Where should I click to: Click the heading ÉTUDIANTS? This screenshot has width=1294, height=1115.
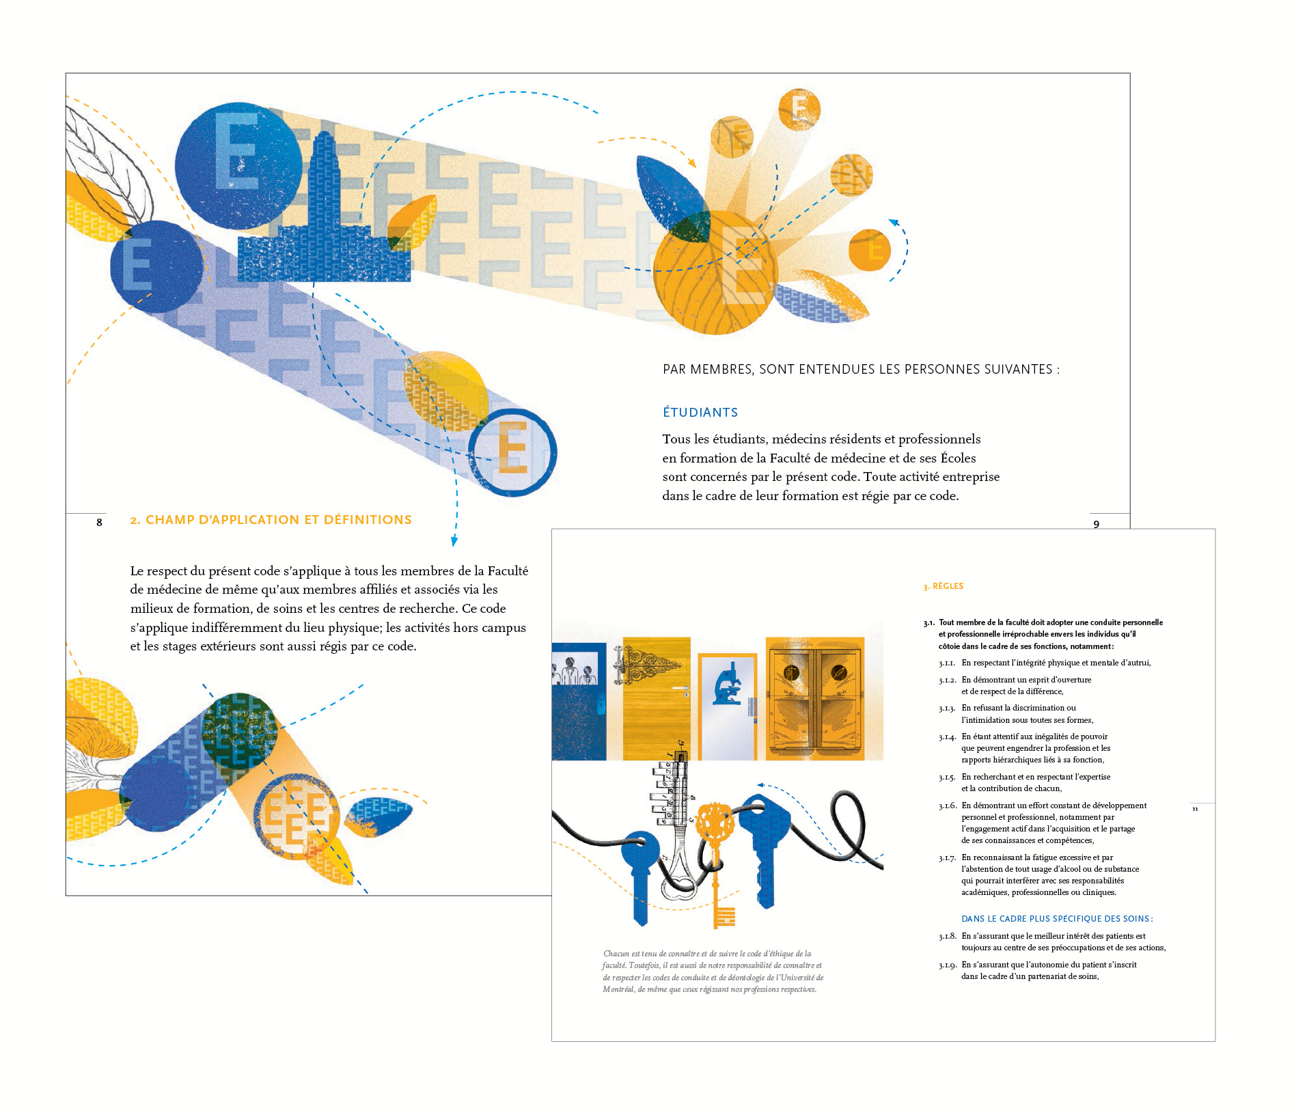pyautogui.click(x=700, y=412)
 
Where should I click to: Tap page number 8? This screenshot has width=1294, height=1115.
pyautogui.click(x=99, y=522)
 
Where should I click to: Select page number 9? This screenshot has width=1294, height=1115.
pyautogui.click(x=1096, y=524)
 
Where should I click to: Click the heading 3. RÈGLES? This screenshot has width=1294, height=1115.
pyautogui.click(x=943, y=586)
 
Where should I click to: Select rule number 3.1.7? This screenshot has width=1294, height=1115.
pyautogui.click(x=947, y=857)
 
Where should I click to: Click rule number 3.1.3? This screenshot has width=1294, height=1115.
pyautogui.click(x=947, y=708)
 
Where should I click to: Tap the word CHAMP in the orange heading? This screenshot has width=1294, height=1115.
pyautogui.click(x=169, y=519)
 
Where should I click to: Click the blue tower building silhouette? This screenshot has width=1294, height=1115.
pyautogui.click(x=322, y=219)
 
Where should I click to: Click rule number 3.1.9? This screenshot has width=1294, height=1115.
pyautogui.click(x=947, y=965)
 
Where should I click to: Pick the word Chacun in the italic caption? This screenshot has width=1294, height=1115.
pyautogui.click(x=616, y=954)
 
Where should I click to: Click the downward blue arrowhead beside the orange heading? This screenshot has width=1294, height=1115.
pyautogui.click(x=454, y=541)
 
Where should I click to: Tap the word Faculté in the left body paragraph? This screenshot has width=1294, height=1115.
pyautogui.click(x=508, y=570)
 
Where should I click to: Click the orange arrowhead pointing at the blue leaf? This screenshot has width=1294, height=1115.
pyautogui.click(x=692, y=163)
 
